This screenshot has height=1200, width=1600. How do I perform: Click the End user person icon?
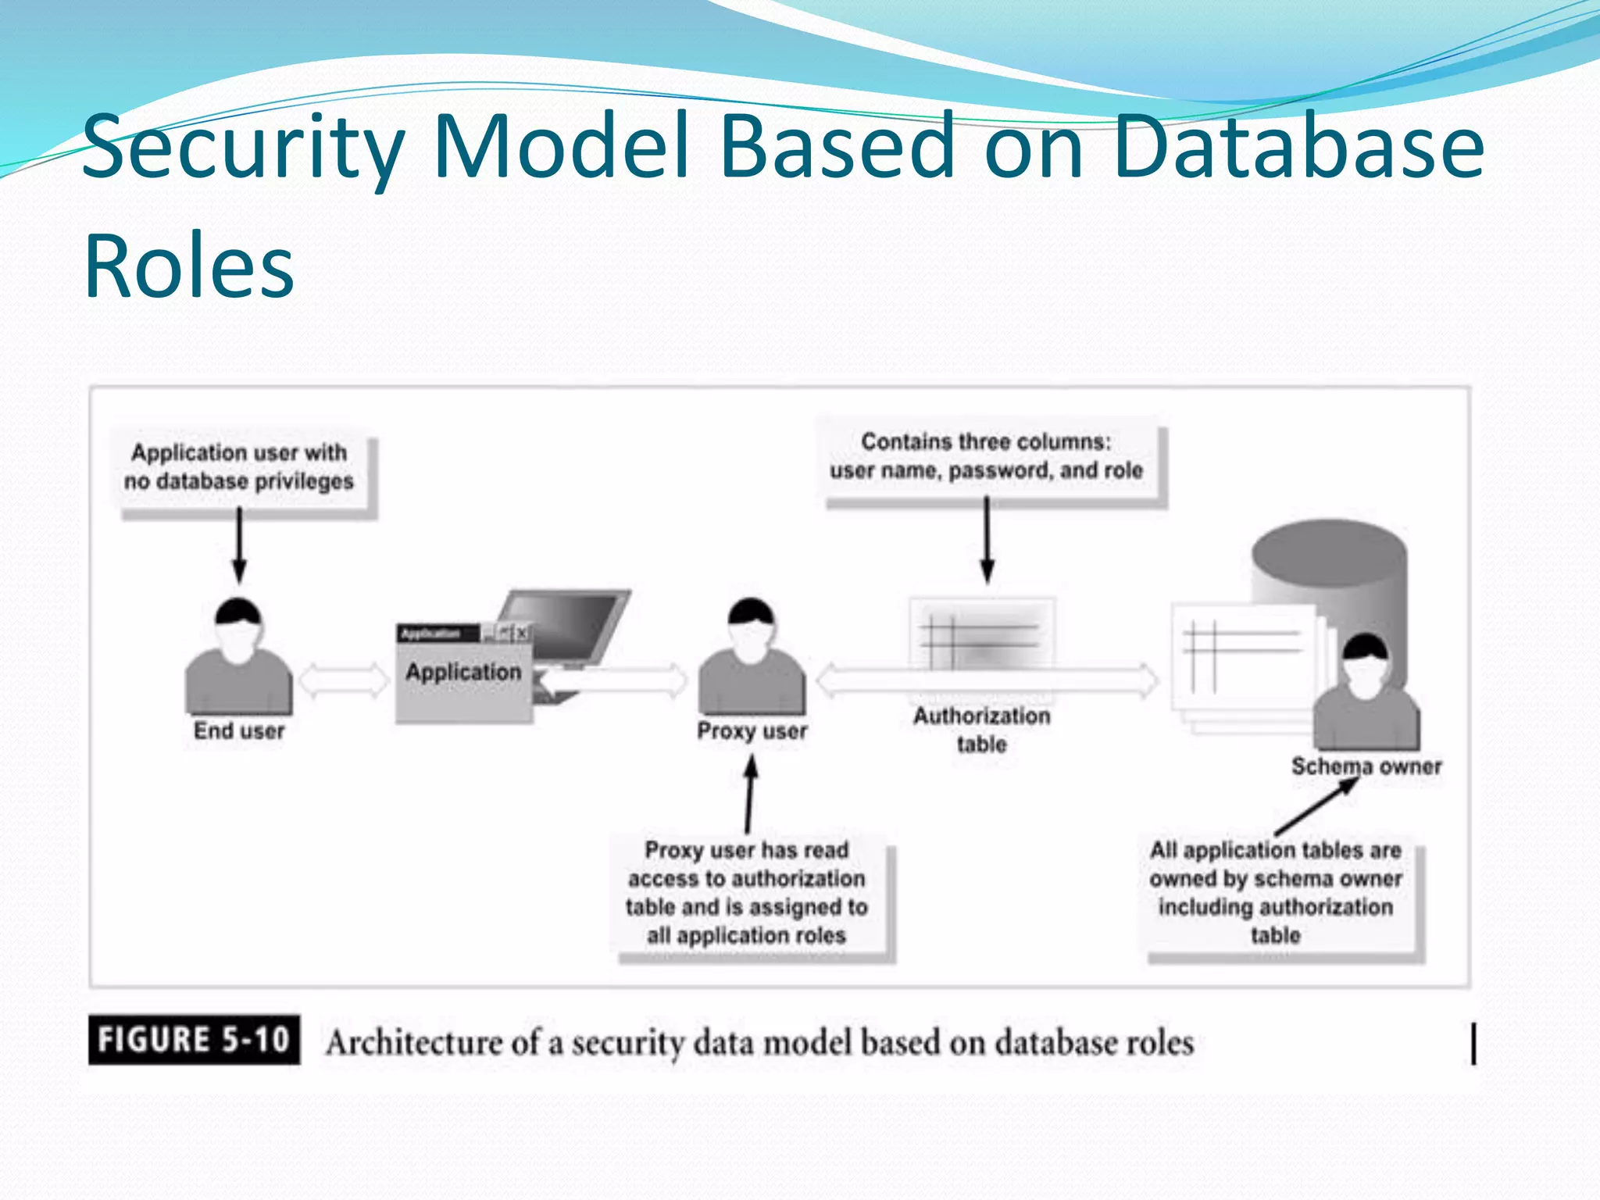(238, 660)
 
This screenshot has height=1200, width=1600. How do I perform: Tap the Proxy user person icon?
(751, 660)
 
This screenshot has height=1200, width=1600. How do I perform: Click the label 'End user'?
(239, 731)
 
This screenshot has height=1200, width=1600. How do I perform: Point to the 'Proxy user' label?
(752, 731)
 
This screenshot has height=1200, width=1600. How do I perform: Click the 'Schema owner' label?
(1366, 766)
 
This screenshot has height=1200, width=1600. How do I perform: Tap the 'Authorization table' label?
(982, 730)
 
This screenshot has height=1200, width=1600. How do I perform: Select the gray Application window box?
(463, 680)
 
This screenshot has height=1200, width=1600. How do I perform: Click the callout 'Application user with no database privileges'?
(239, 467)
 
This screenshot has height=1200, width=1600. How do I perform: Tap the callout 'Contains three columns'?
(986, 456)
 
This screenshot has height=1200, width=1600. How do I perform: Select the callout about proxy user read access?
(746, 892)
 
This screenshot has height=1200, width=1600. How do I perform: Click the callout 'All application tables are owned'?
(1275, 892)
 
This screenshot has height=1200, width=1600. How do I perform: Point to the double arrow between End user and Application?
(344, 680)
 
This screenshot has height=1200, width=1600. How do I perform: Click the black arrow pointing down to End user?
(239, 545)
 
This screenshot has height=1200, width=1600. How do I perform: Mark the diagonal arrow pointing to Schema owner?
(1317, 807)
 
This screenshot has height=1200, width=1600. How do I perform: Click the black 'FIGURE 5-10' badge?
(194, 1040)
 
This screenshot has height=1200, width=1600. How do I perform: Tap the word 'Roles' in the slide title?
(189, 266)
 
